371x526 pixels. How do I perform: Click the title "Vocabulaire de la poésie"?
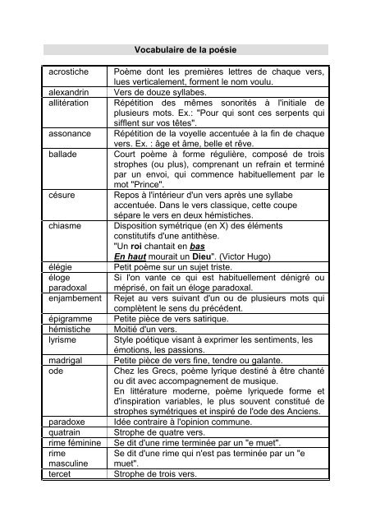tap(185, 50)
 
